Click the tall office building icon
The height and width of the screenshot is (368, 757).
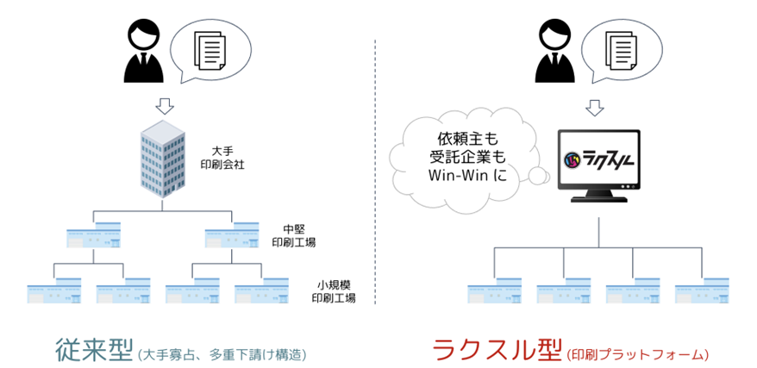164,161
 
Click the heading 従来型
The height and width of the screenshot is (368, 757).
91,349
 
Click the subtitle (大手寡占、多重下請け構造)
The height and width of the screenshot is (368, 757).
222,353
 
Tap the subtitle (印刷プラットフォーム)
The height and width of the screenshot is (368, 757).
637,353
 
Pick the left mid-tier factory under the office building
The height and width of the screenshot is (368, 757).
93,236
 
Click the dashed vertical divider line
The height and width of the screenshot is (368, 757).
376,172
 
